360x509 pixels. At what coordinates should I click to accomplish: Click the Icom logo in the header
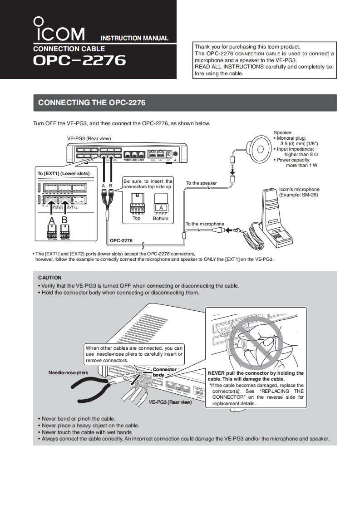coord(59,30)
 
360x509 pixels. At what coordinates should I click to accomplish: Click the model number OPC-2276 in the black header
coord(79,61)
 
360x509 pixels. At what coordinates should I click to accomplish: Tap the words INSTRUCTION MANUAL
coord(134,39)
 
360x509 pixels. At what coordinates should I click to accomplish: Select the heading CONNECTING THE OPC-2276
coord(92,103)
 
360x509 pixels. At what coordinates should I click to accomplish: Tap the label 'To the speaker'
coord(202,183)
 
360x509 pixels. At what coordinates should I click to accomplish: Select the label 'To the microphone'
coord(205,224)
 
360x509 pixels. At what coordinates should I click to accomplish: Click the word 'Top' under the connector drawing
coord(136,218)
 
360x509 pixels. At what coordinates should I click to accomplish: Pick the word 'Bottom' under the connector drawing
coord(160,219)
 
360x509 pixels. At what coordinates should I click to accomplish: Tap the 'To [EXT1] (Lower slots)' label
coord(64,173)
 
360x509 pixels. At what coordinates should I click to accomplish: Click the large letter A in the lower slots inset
coord(52,220)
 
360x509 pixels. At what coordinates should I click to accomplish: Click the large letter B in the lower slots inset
coord(64,220)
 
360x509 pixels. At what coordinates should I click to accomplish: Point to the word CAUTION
coord(49,278)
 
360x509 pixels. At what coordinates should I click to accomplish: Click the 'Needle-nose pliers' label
coord(68,372)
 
